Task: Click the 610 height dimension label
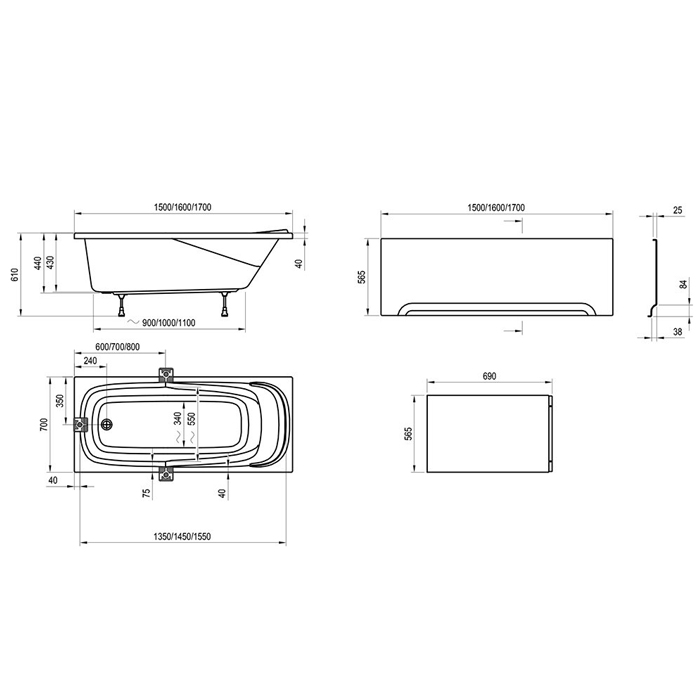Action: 16,275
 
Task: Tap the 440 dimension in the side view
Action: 38,263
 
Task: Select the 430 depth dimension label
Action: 50,262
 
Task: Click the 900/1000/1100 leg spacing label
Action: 168,322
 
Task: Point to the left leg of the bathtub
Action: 121,304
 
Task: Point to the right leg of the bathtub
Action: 225,304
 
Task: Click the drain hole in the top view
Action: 107,425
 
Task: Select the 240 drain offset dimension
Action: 90,361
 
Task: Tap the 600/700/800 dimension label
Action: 118,347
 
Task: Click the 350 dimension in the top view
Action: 60,400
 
